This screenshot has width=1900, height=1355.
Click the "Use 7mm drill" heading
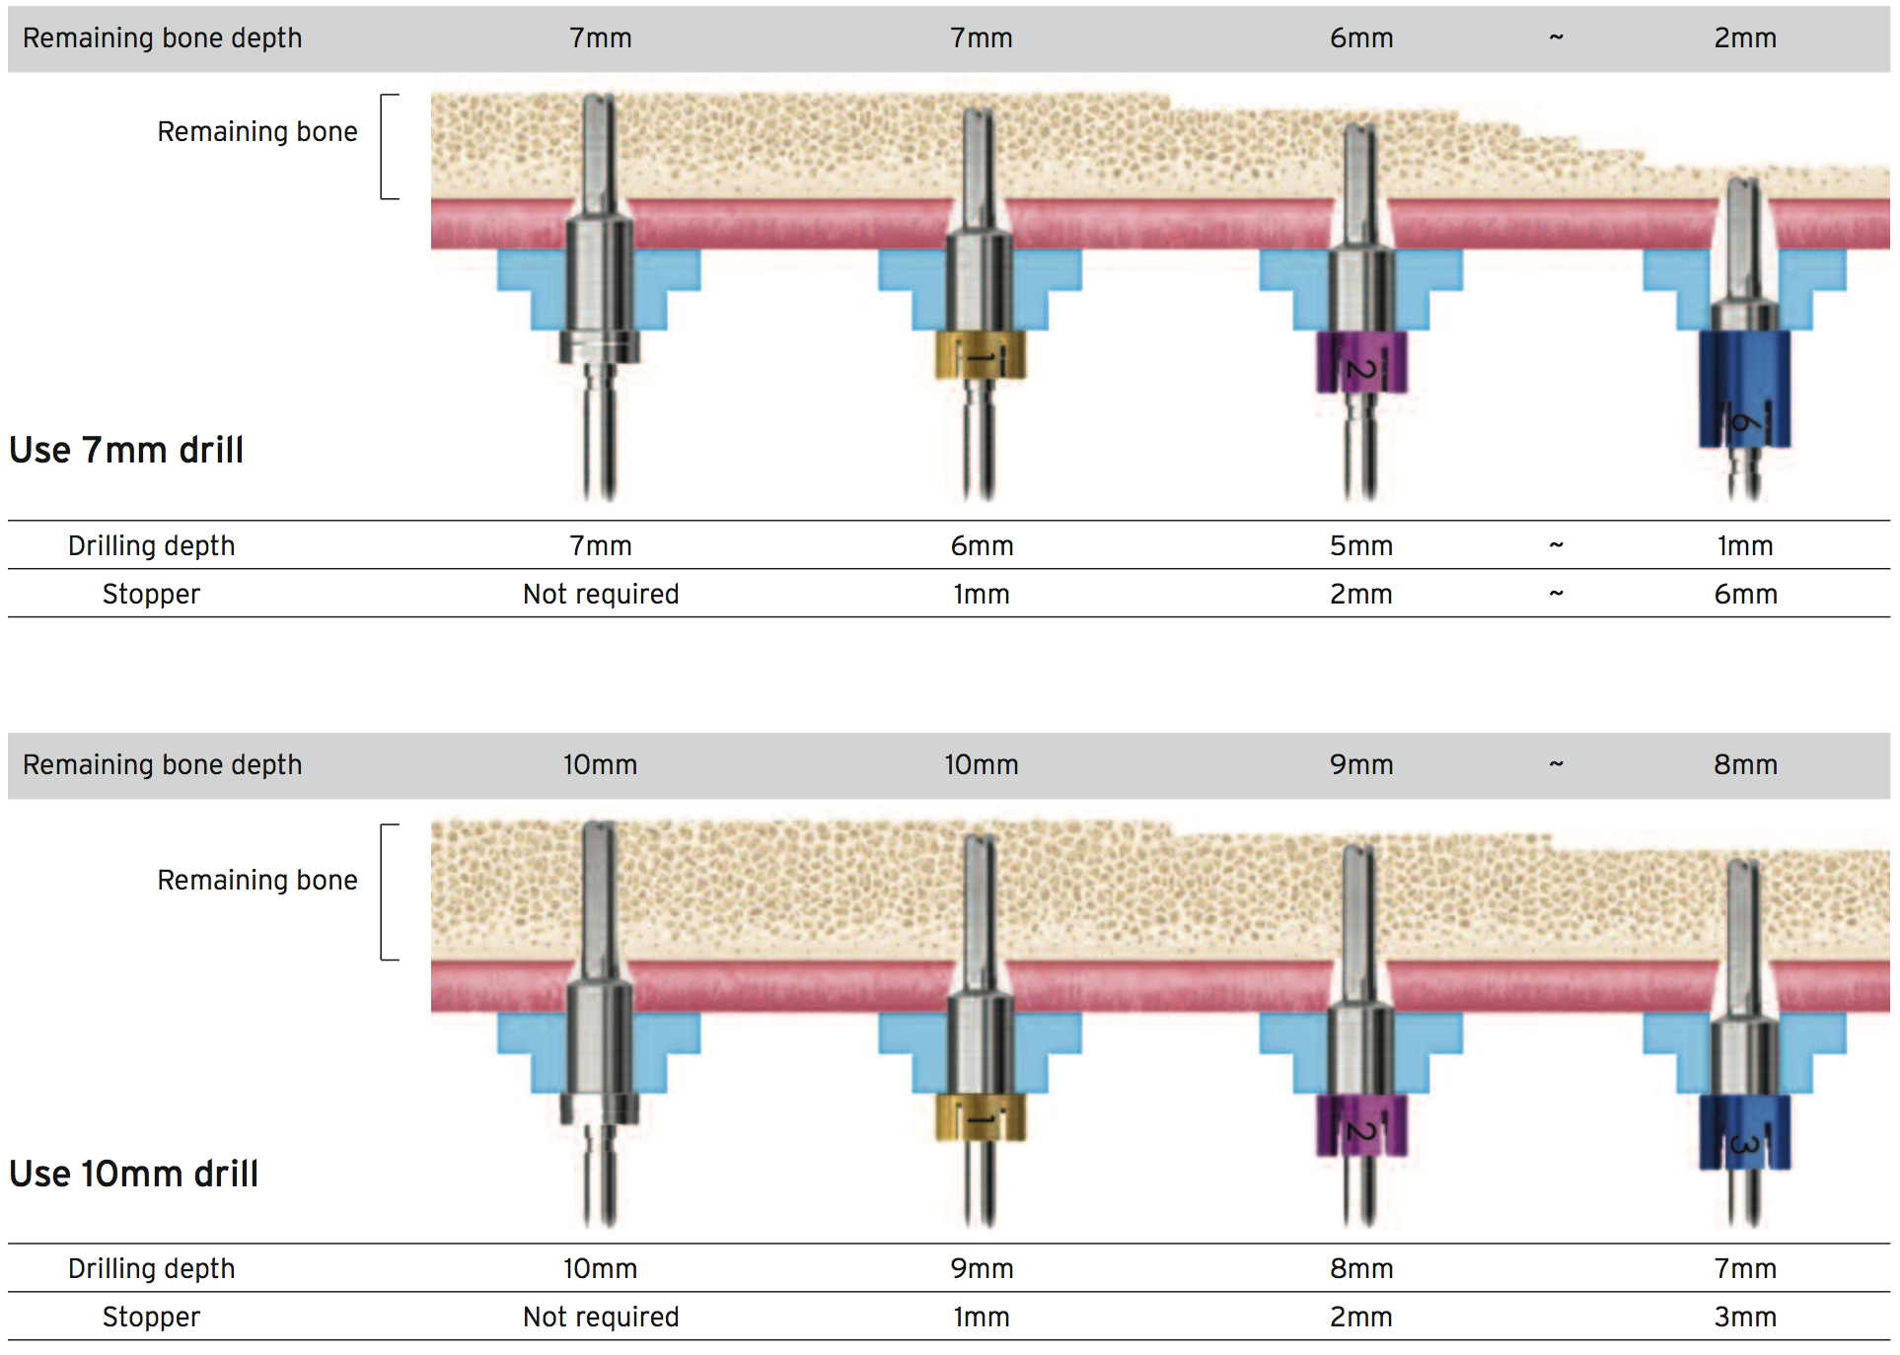coord(126,450)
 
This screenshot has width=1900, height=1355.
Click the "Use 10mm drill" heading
coord(134,1174)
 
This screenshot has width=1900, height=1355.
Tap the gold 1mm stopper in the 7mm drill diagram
coord(981,355)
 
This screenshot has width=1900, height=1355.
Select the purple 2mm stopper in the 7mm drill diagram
coord(1361,362)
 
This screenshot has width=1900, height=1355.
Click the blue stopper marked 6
coord(1744,390)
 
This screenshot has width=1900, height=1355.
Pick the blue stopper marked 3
coord(1744,1132)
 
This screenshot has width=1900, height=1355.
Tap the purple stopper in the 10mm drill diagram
coord(1361,1124)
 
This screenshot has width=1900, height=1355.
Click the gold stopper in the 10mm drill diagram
coord(981,1117)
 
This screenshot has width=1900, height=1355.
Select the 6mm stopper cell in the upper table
coord(1745,594)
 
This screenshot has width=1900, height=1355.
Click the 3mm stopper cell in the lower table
coord(1745,1317)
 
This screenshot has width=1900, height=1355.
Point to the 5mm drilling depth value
coord(1361,545)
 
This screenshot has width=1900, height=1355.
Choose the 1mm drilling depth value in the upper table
coord(1745,545)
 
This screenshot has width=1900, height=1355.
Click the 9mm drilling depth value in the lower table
coord(982,1268)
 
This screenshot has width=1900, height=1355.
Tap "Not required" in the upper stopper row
coord(601,594)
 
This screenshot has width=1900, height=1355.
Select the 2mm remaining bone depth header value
coord(1745,37)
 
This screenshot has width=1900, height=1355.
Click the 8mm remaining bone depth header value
coord(1745,764)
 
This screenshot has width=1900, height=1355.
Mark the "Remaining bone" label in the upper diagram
coord(257,131)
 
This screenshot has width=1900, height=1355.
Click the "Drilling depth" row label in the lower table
coord(151,1268)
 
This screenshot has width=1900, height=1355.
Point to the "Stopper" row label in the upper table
coord(151,594)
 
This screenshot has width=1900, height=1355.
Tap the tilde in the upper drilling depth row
coord(1556,545)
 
